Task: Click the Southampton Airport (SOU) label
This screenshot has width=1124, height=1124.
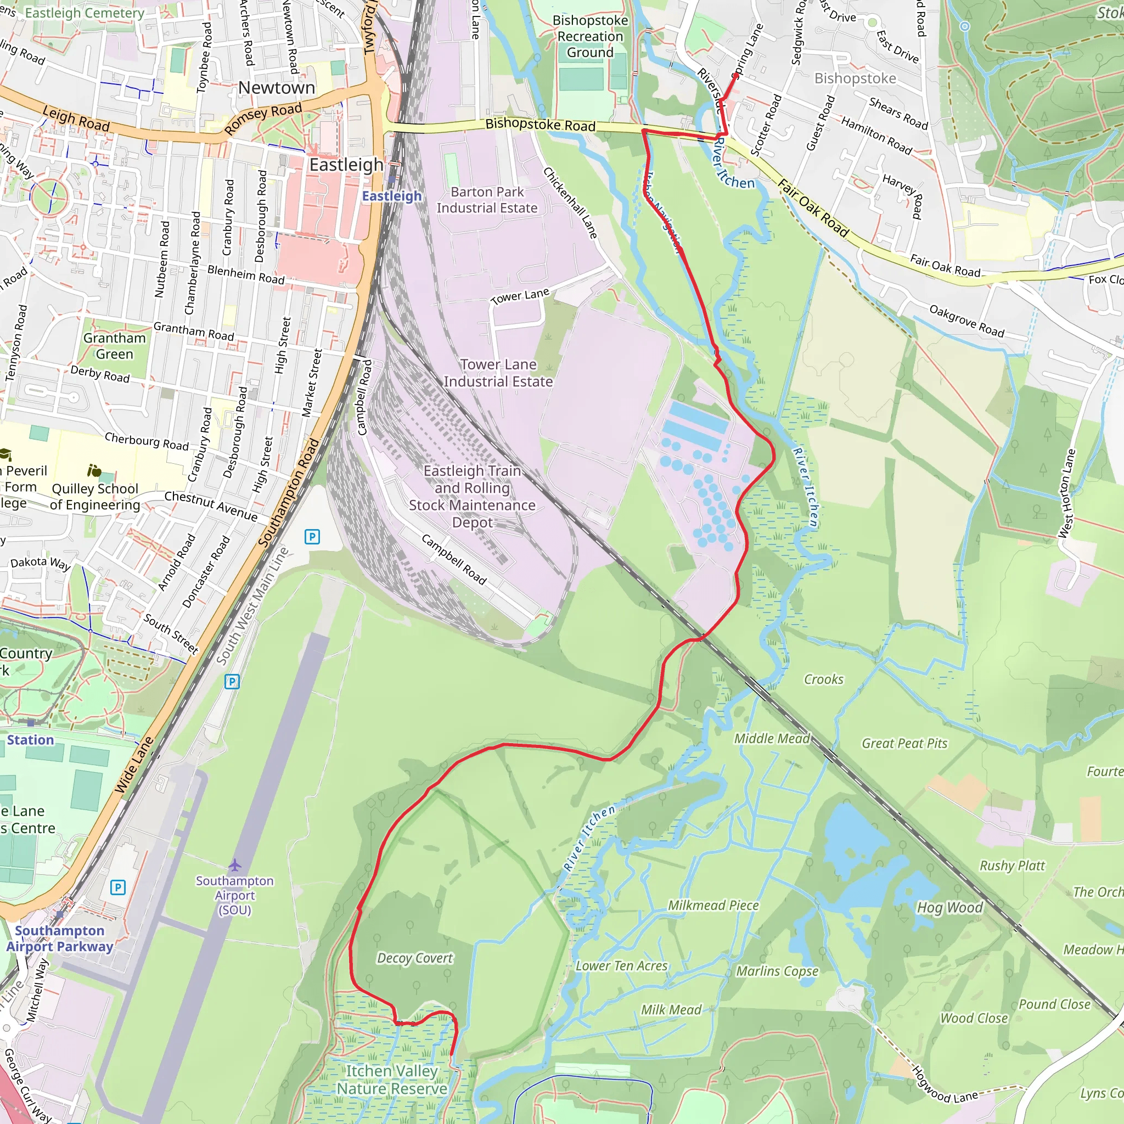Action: point(234,895)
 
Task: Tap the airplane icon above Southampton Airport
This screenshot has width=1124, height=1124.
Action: point(234,865)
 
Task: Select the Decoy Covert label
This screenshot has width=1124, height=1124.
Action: point(414,958)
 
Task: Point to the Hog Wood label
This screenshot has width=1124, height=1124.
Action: point(949,908)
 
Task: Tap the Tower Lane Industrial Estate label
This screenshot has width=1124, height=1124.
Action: point(498,373)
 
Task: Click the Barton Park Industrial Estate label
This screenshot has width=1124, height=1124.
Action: point(487,200)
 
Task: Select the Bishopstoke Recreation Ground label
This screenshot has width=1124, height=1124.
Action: point(590,36)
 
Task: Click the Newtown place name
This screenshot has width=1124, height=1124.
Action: point(277,88)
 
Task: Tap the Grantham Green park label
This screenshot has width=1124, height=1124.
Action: point(114,346)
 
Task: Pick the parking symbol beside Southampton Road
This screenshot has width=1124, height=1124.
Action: point(312,536)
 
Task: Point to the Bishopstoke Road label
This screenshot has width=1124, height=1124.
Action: point(540,125)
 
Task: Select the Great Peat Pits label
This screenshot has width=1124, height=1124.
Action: point(904,744)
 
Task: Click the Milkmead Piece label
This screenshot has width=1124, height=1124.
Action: point(713,905)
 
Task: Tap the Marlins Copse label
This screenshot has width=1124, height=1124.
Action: point(777,971)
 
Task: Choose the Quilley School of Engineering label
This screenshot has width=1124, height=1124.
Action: point(95,496)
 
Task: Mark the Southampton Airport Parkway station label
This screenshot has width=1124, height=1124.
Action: point(59,938)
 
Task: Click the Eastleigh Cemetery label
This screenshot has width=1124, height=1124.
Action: point(85,13)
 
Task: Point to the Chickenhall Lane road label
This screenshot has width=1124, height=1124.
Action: point(570,203)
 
